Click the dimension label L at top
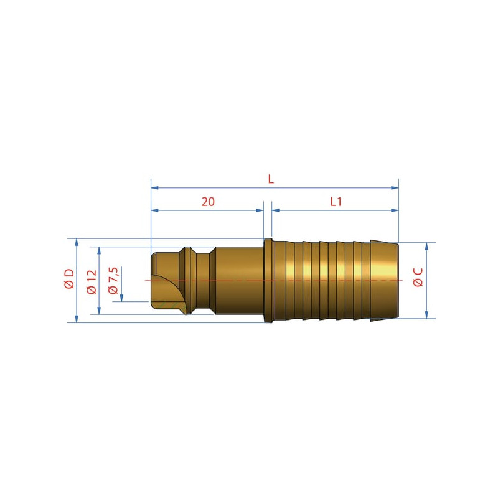[271, 179]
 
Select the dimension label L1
[336, 202]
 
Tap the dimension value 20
[208, 202]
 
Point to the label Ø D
[69, 278]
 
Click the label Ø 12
[92, 282]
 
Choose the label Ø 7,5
[113, 281]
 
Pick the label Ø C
[418, 277]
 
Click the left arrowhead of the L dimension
[154, 188]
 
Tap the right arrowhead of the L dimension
[395, 188]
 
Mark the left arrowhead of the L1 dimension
[276, 210]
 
